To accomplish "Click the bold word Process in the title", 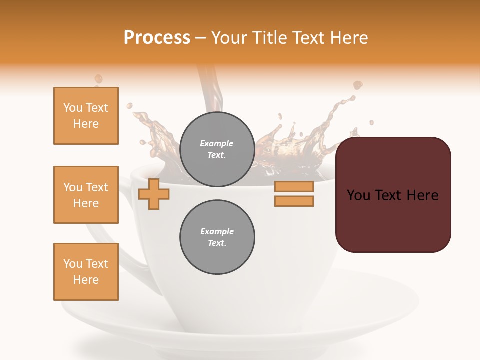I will [157, 38].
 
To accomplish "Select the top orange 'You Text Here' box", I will [86, 116].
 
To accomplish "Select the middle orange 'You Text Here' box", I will [86, 195].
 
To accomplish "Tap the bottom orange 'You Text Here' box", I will [86, 272].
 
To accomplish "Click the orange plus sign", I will [153, 194].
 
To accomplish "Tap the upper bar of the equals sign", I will [294, 186].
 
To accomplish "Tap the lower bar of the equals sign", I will [294, 201].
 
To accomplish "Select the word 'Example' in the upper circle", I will [217, 143].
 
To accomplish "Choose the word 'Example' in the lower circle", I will [217, 231].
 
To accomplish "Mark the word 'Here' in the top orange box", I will [86, 124].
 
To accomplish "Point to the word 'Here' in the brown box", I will [423, 195].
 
